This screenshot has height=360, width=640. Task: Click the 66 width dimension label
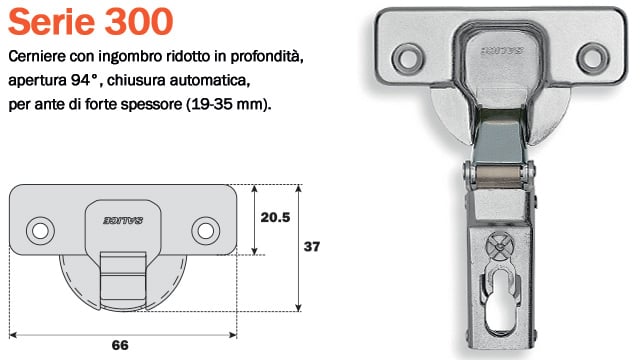120,346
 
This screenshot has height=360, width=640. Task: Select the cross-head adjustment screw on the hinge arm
495,244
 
